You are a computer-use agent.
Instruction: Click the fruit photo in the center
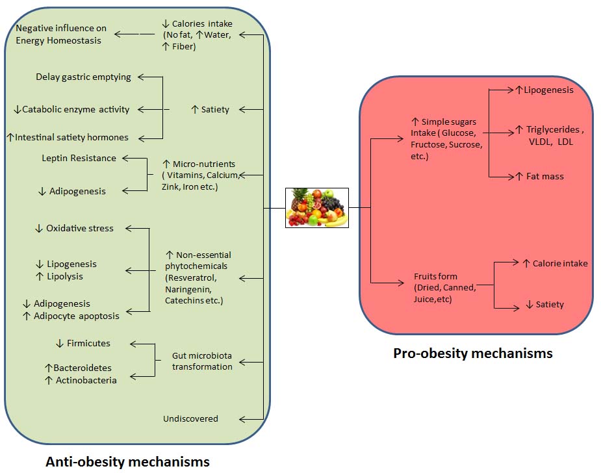[x=317, y=207]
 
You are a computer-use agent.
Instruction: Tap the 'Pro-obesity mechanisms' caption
[x=472, y=353]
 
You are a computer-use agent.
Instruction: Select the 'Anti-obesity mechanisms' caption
[x=127, y=461]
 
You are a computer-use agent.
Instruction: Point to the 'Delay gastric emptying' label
[x=83, y=77]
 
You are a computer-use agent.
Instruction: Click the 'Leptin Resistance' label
[x=79, y=158]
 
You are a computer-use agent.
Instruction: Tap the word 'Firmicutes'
[x=88, y=343]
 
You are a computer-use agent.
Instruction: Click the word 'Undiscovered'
[x=190, y=418]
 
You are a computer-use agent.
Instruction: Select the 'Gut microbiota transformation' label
[x=202, y=361]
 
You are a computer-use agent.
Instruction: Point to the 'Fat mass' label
[x=544, y=176]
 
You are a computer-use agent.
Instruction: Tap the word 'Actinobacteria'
[x=86, y=380]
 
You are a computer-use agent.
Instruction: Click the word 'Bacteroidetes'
[x=83, y=368]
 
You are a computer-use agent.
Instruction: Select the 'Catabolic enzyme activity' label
[x=76, y=110]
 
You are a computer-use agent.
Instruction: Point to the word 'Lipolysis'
[x=65, y=276]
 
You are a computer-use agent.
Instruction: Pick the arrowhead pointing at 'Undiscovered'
[x=243, y=419]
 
